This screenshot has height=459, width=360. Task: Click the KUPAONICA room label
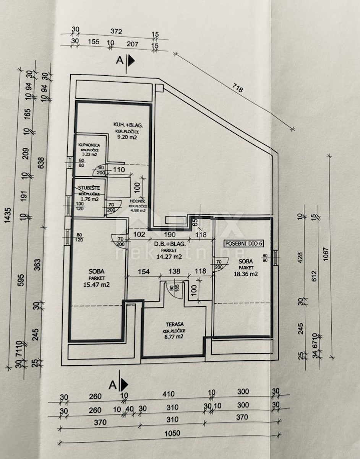click(89, 145)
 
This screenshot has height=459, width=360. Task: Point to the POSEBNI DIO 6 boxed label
click(243, 243)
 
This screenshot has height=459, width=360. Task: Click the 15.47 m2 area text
click(97, 284)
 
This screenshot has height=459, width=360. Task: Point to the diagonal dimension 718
click(237, 90)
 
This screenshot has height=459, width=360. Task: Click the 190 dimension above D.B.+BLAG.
click(170, 234)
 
